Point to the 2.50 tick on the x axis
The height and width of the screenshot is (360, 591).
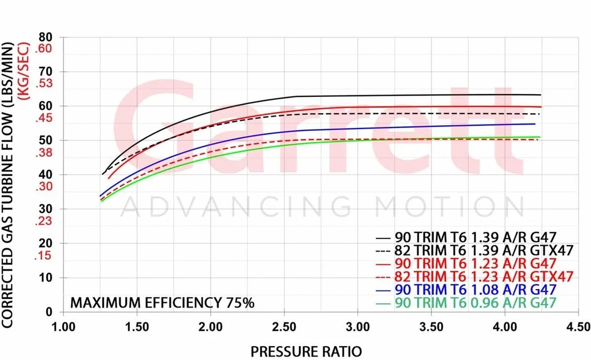(x=285, y=327)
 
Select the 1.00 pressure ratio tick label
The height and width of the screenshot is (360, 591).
(x=64, y=327)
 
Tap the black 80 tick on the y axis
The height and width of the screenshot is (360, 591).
(x=46, y=37)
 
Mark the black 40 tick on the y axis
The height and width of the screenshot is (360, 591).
(x=46, y=174)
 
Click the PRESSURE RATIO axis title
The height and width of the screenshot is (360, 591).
(x=306, y=350)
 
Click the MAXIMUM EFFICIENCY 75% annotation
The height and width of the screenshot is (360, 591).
(x=162, y=303)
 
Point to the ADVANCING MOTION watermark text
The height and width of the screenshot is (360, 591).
(x=323, y=207)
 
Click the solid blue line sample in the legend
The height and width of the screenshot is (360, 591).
(x=384, y=290)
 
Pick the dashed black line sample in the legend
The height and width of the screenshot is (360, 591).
(x=384, y=250)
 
